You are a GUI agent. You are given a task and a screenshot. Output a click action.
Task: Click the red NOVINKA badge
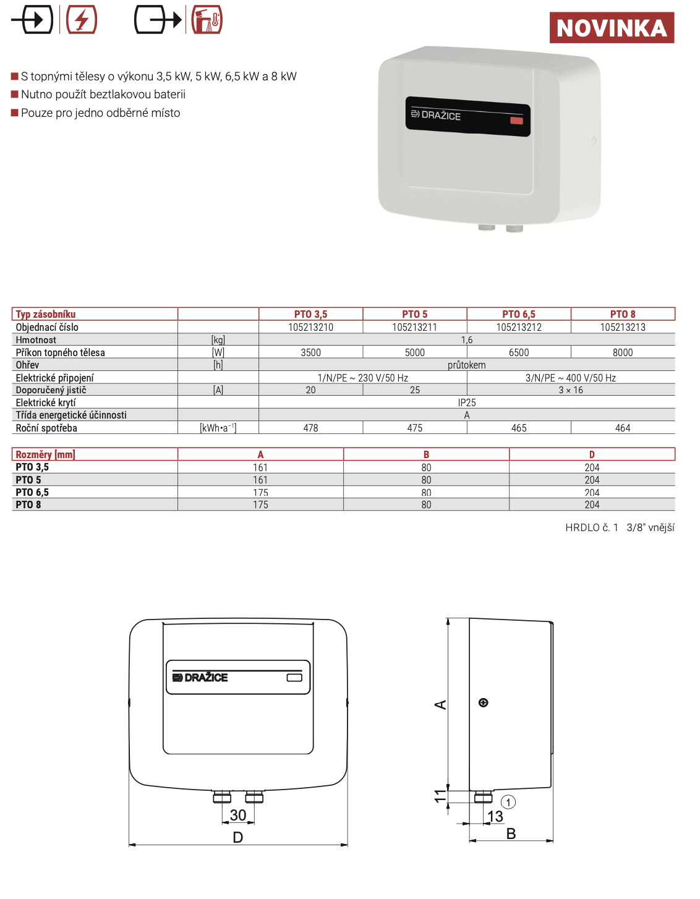coord(612,28)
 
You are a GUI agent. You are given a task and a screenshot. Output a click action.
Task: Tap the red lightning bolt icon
coord(82,20)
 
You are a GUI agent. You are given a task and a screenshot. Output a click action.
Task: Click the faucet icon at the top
coord(207,20)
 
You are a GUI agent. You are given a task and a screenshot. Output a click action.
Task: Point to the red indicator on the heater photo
coord(516,121)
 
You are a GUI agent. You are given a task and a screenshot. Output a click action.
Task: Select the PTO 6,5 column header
coord(519,314)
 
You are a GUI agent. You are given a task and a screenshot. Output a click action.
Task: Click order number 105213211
coord(414,327)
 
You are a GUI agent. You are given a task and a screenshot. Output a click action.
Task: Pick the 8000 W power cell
coord(623,352)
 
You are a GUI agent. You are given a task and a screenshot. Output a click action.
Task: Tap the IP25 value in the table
coord(467,403)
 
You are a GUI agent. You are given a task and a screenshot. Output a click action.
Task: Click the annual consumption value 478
coord(310,428)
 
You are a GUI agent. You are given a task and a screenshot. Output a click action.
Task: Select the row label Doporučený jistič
coord(51,390)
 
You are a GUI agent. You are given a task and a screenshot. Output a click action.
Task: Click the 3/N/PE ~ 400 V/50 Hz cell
coord(571,378)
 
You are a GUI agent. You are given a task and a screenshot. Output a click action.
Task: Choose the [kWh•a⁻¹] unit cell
coord(218,428)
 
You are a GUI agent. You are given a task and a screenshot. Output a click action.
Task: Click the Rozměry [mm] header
coord(45,454)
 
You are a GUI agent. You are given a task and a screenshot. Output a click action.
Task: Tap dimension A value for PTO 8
coord(260,505)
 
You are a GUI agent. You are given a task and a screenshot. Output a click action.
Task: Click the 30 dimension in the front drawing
coord(238,816)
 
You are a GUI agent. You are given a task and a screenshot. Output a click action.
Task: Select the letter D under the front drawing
coord(238,837)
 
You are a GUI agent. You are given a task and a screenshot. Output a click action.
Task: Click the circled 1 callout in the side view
coord(508,803)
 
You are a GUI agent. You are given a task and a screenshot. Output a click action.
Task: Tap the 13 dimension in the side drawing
coord(495,817)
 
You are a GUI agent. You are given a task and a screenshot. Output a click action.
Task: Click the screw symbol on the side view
coord(484,702)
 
